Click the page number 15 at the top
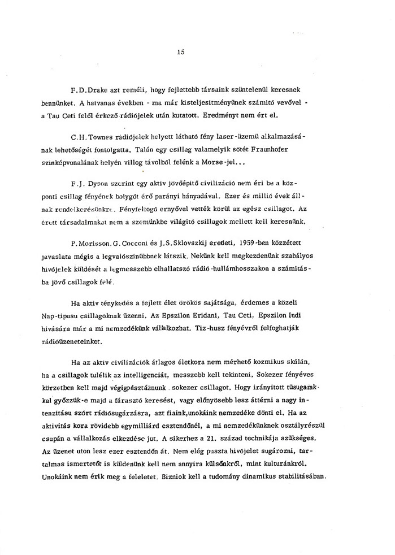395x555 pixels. pos(181,53)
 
